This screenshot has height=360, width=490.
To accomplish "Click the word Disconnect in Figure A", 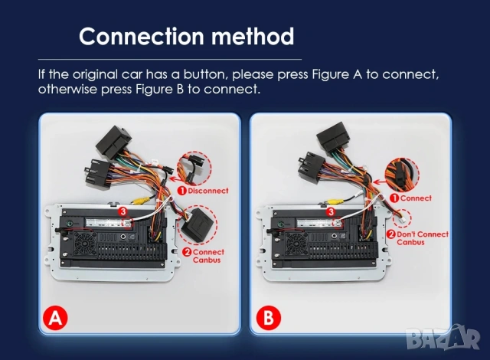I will tap(207, 191).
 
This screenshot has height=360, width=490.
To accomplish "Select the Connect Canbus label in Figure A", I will tap(207, 256).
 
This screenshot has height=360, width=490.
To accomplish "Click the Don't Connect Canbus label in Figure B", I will tap(422, 238).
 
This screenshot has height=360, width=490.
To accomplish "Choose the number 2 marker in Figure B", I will tap(391, 234).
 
